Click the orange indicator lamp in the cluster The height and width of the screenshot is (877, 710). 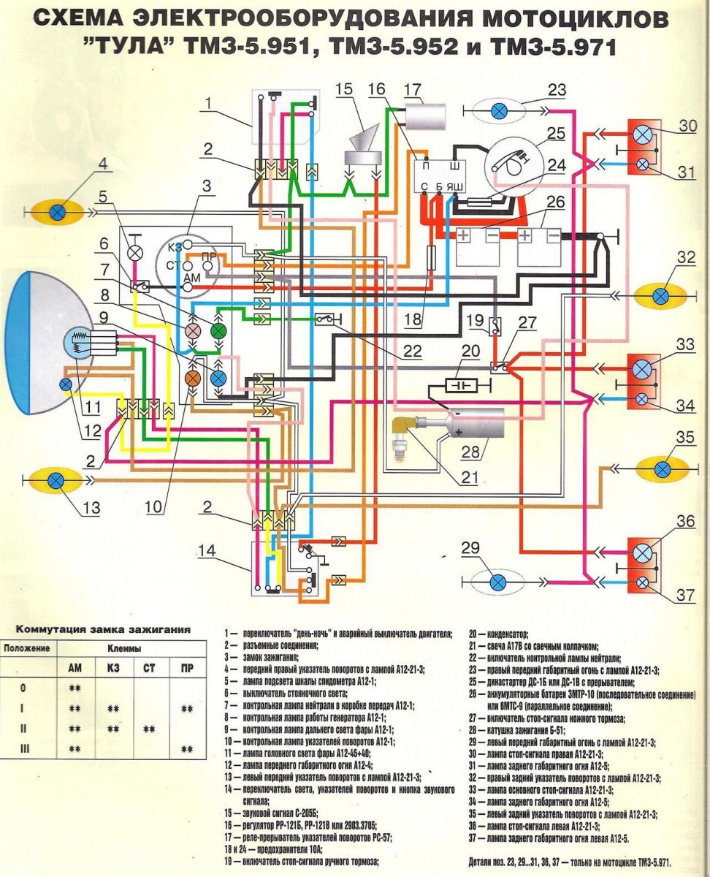click(x=193, y=378)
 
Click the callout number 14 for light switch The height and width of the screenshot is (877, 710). click(x=207, y=551)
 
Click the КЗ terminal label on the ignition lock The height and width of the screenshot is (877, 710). click(x=173, y=247)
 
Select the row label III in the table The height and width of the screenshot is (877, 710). click(x=26, y=748)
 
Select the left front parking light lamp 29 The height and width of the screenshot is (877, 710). click(x=497, y=581)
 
